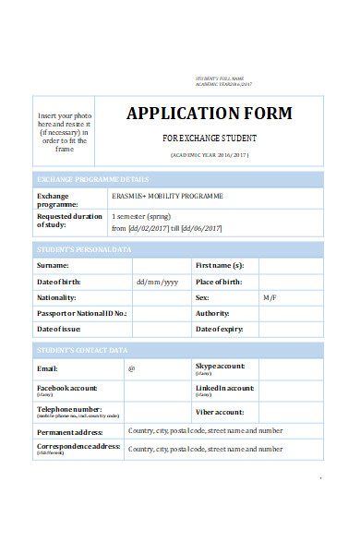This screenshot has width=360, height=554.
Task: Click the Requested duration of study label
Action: (69, 220)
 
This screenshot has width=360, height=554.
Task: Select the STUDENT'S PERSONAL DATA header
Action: (85, 249)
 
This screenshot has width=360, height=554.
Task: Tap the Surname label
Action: (52, 265)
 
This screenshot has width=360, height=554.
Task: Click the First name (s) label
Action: (220, 265)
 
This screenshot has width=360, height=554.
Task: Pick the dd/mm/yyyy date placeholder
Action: (157, 282)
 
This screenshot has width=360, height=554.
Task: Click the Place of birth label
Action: (220, 282)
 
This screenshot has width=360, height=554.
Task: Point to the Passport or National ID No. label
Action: (81, 314)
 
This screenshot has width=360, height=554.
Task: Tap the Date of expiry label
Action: (220, 329)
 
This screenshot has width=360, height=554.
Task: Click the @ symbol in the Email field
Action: (131, 368)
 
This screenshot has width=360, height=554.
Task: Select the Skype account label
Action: (220, 366)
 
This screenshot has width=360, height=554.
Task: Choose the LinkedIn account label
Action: (224, 388)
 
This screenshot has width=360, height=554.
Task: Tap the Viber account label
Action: (220, 412)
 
